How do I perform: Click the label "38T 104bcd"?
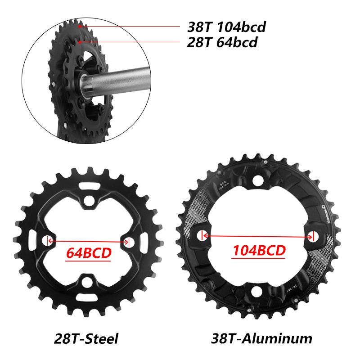point(226,27)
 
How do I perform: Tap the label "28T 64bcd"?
point(222,43)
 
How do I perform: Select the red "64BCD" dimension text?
point(88,253)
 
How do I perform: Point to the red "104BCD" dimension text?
point(259,250)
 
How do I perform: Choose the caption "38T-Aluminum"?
point(262,338)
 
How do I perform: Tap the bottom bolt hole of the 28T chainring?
point(88,283)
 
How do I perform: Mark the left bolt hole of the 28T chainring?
point(47,241)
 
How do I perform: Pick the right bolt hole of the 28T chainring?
point(130,242)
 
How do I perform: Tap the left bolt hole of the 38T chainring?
point(202,235)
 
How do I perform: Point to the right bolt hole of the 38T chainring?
point(314,235)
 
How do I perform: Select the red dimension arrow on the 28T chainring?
point(88,242)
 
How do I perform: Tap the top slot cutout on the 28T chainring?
point(88,184)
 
